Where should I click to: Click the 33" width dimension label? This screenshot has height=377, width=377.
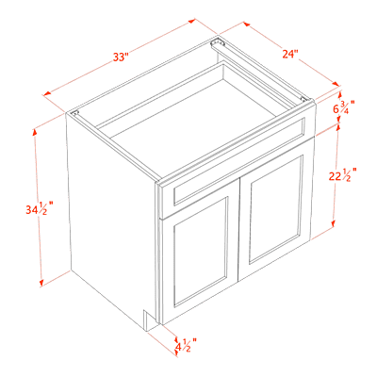pos(121,57)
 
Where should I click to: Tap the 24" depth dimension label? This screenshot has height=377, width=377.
pos(290,54)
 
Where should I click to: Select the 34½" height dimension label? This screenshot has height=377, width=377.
pos(39,208)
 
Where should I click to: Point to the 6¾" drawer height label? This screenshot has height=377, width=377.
pos(344,108)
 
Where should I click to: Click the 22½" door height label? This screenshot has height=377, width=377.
pos(342,175)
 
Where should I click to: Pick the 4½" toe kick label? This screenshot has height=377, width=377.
pos(186,345)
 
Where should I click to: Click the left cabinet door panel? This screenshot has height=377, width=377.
pos(200,252)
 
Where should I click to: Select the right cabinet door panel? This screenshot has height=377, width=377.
pos(275,209)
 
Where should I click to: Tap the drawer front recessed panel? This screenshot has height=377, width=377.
pos(238,161)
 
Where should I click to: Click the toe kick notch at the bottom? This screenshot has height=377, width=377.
pos(149,320)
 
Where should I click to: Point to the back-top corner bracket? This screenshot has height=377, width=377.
pos(216,41)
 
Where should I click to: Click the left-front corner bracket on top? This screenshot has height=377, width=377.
pos(74,113)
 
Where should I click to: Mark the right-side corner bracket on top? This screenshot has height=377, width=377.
pos(303,99)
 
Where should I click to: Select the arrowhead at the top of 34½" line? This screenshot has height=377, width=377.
pos(35,133)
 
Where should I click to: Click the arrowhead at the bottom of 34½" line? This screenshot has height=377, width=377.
pos(41,283)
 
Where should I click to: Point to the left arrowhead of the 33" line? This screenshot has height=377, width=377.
pos(47,93)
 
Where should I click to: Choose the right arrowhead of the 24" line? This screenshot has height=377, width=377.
pos(336,84)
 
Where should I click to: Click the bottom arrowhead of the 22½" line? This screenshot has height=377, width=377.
pos(333,223)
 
